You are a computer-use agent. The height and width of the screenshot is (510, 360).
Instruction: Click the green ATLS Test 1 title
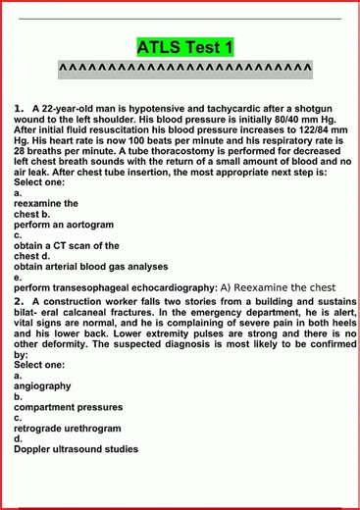pos(184,46)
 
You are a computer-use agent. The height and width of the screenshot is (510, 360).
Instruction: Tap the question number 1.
pos(19,108)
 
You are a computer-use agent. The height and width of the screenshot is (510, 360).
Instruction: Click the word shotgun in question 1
pos(307,108)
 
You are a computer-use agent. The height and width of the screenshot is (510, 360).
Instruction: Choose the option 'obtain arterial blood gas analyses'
pos(90,266)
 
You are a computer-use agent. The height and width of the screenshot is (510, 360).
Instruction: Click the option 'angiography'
pos(42,385)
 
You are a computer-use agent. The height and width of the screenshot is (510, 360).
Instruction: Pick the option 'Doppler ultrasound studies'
pos(76,450)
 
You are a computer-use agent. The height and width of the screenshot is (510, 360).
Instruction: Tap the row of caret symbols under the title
pos(184,68)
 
